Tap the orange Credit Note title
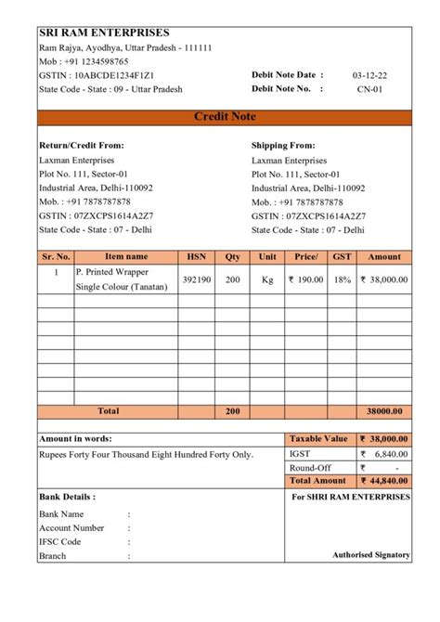point(224,116)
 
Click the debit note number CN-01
point(369,89)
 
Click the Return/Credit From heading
point(82,145)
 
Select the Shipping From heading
point(283,145)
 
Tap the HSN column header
point(196,256)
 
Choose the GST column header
point(343,256)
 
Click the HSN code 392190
point(196,279)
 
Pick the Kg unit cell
point(268,279)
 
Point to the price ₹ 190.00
point(305,279)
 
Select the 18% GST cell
point(343,279)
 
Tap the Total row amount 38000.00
point(384,410)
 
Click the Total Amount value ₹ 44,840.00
point(383,481)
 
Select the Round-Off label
point(310,468)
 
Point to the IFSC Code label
point(59,541)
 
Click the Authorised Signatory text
point(371,554)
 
